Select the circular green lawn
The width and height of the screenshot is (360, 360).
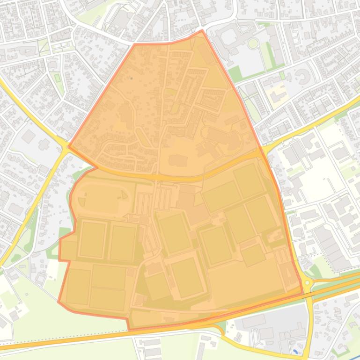(253, 43)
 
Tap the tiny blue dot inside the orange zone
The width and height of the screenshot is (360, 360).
(132, 78)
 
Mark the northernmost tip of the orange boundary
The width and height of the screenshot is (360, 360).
(202, 31)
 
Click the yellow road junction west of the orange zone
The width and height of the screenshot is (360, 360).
(65, 146)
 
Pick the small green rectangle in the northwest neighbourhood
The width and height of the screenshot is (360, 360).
(58, 78)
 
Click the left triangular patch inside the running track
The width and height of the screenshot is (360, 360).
(82, 202)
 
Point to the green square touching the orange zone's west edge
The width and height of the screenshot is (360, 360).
(65, 233)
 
